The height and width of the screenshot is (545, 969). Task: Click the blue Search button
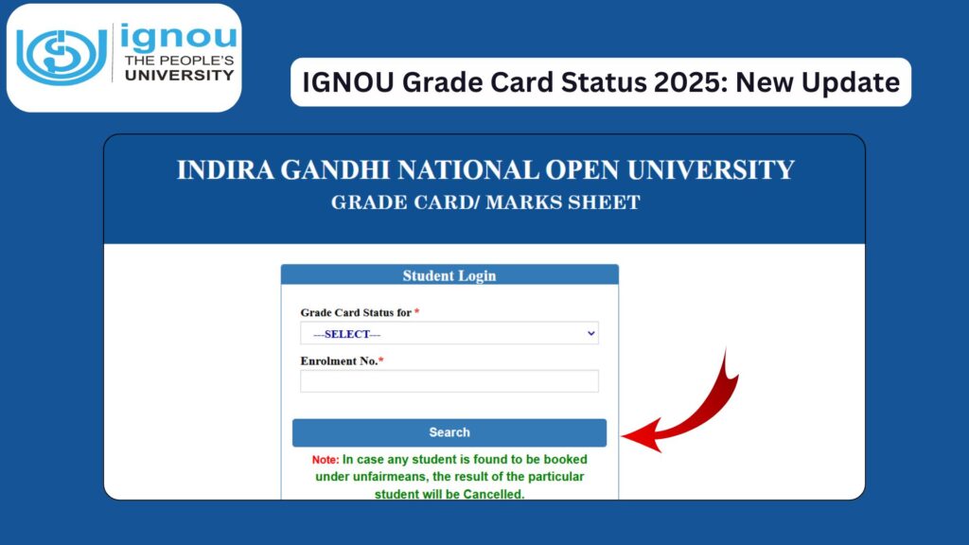(x=449, y=432)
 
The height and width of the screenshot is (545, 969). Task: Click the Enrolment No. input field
(x=449, y=381)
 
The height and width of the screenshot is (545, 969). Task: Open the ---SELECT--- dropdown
(x=449, y=334)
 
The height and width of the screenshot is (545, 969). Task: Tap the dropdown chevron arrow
(x=591, y=333)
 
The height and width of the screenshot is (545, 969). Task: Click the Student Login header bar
(x=449, y=275)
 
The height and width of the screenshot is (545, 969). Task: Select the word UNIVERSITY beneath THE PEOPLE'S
(x=179, y=75)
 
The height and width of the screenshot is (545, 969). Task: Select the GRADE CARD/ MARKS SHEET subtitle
(x=485, y=202)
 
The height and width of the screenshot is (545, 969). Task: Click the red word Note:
(x=326, y=460)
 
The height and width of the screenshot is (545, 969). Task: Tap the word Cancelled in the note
(x=487, y=494)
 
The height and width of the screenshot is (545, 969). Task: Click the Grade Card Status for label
(x=356, y=312)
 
